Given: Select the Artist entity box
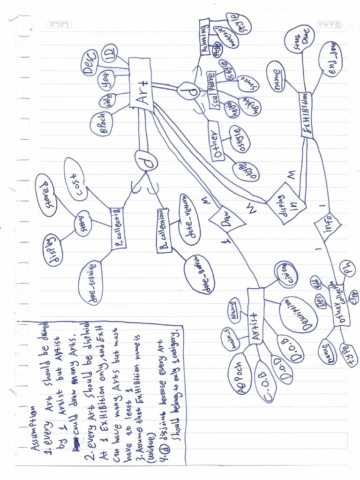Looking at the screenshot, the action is [254, 315].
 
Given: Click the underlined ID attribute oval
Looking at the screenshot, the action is [110, 53].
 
